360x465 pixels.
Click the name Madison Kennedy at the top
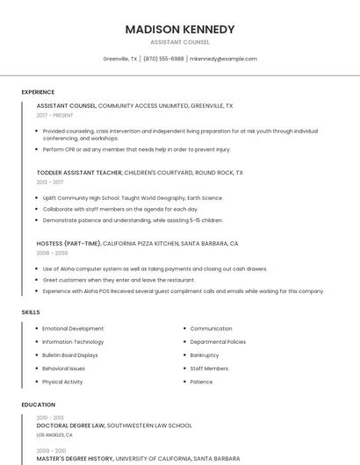(180, 29)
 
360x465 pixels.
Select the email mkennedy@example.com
(223, 59)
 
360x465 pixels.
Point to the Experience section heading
(38, 92)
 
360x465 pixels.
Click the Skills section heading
(31, 312)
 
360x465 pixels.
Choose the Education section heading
(38, 404)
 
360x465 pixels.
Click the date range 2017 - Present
(55, 115)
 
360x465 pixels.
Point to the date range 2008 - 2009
(52, 253)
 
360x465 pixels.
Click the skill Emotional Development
(73, 329)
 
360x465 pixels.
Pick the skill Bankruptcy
(205, 355)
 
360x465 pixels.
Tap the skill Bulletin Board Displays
(70, 355)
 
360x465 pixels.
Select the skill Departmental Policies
(218, 342)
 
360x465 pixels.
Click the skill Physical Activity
(62, 382)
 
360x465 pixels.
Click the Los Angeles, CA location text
(54, 434)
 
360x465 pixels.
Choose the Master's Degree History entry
(76, 458)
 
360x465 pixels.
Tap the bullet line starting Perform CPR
(136, 149)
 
